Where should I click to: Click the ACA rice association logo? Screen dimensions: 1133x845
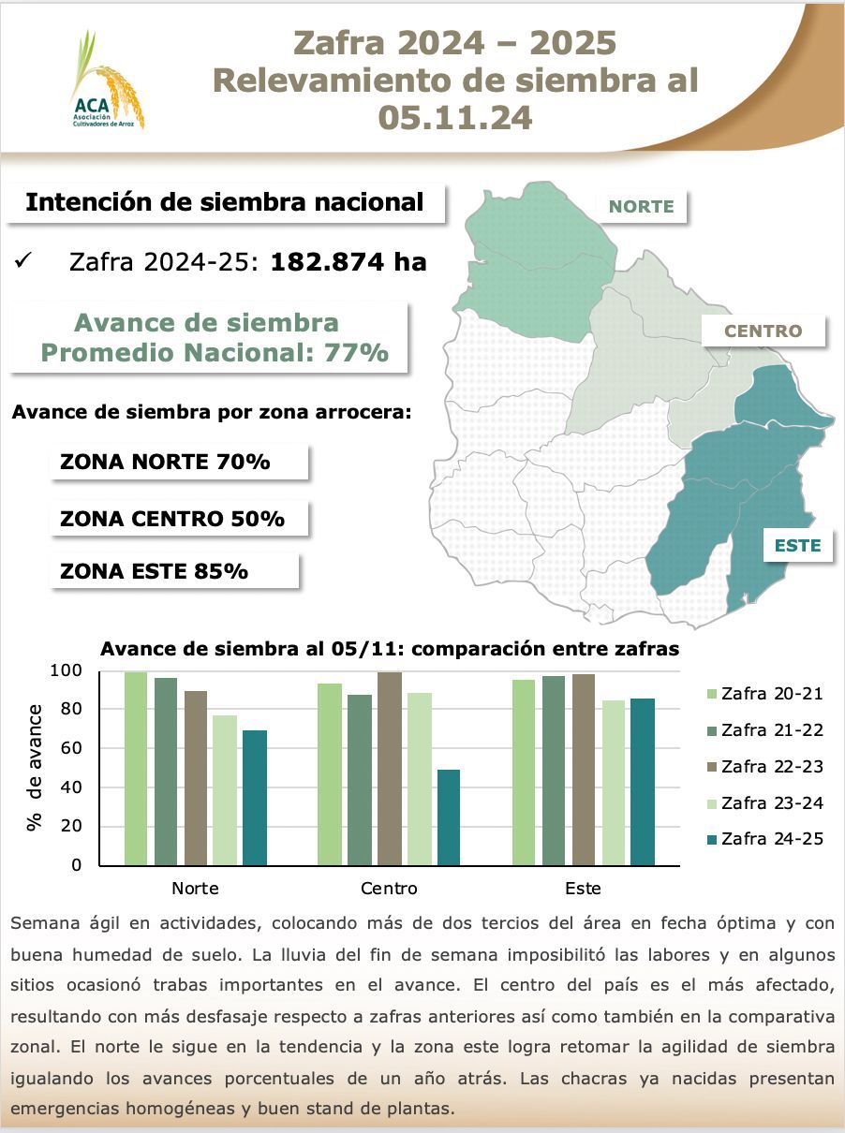click(106, 81)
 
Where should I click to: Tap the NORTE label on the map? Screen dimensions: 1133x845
click(642, 207)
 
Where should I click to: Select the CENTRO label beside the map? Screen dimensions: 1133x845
click(763, 331)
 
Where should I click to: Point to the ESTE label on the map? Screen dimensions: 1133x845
click(797, 545)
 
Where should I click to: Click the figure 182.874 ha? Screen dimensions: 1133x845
click(348, 262)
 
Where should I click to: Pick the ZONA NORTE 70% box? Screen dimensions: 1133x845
click(178, 462)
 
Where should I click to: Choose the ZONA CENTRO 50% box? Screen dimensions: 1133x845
click(178, 518)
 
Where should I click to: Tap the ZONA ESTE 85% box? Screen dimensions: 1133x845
click(173, 570)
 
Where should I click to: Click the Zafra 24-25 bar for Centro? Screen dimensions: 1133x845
click(449, 817)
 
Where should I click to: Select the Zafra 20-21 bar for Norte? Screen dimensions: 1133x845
click(136, 768)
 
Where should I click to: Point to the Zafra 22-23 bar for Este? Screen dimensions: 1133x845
click(582, 769)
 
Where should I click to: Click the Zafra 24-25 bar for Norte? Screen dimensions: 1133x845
click(255, 797)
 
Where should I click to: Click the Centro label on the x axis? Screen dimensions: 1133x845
click(389, 888)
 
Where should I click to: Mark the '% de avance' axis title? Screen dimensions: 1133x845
click(36, 767)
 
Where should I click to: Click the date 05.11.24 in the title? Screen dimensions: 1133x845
click(455, 117)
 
